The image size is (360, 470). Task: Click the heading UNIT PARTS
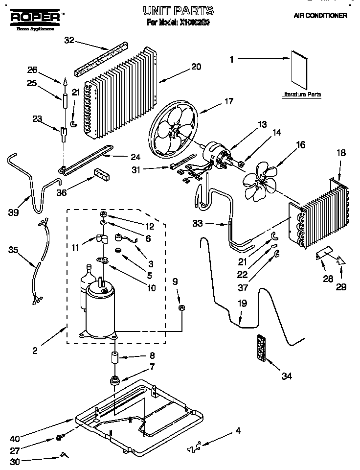pyautogui.click(x=178, y=10)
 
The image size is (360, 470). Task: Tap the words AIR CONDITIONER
pyautogui.click(x=320, y=16)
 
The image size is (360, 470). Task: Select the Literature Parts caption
pyautogui.click(x=301, y=94)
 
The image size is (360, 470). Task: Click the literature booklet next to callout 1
pyautogui.click(x=299, y=69)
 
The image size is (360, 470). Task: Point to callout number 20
pyautogui.click(x=196, y=67)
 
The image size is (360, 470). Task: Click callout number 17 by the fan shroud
pyautogui.click(x=228, y=102)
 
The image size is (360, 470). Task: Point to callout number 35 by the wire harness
pyautogui.click(x=13, y=250)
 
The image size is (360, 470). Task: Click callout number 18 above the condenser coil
pyautogui.click(x=340, y=153)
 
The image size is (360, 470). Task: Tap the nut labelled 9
pyautogui.click(x=181, y=308)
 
